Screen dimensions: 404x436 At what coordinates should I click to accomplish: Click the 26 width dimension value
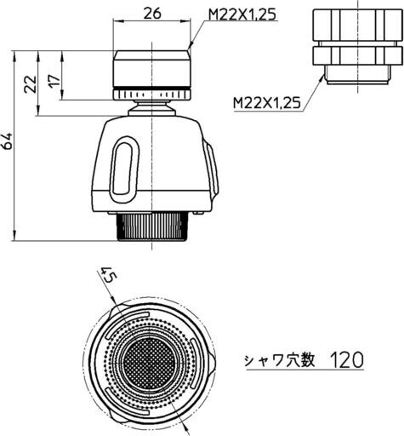point(151,13)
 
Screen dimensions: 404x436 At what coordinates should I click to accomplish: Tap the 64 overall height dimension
point(7,141)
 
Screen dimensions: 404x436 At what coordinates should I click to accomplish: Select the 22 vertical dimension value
point(31,84)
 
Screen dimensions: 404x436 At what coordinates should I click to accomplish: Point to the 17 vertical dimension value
point(54,81)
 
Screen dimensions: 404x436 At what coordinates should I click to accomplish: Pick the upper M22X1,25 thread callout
point(242,14)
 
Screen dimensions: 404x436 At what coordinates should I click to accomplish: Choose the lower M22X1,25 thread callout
point(266,103)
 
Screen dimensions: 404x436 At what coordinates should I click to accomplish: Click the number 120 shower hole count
point(347,360)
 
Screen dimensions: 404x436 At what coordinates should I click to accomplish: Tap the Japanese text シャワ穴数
point(280,360)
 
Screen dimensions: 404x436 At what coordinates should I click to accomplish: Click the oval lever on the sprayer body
point(125,169)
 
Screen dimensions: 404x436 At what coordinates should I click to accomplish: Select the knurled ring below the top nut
point(152,95)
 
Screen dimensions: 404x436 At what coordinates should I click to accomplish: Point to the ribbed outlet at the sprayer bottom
point(152,227)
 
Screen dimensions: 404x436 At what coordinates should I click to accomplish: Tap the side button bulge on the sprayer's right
point(213,169)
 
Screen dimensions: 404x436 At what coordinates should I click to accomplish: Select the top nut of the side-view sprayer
point(151,69)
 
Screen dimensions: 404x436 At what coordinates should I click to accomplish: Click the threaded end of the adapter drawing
point(358,74)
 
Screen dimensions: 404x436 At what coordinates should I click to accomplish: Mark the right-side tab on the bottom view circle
point(213,363)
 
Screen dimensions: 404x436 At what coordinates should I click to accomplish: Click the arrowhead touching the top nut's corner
point(190,47)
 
